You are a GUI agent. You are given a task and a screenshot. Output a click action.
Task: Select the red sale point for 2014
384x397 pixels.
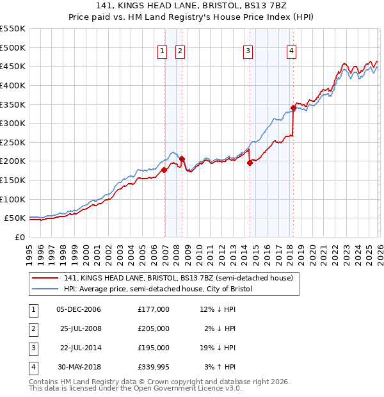[250, 163]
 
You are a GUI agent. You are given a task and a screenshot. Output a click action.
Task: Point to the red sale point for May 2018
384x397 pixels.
[293, 108]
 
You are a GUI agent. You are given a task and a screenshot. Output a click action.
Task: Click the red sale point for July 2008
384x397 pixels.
[182, 159]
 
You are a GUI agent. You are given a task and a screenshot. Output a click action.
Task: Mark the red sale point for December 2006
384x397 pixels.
[164, 170]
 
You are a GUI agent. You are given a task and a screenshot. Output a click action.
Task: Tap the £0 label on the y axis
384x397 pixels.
[19, 237]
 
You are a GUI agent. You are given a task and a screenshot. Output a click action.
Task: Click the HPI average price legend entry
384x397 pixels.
[158, 289]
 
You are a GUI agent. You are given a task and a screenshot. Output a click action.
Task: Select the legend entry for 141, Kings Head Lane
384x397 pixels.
[178, 278]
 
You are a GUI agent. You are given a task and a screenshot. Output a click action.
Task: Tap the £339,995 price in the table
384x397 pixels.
[153, 368]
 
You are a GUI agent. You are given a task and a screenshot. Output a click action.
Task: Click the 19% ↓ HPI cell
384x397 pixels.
[216, 348]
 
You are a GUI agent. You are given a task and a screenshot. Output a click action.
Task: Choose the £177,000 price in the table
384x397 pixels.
[153, 309]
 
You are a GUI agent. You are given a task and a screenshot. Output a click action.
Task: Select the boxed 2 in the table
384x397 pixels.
[33, 329]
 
